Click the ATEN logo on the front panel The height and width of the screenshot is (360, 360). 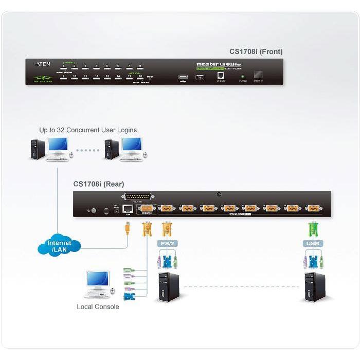click(42, 64)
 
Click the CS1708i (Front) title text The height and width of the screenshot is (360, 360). click(256, 51)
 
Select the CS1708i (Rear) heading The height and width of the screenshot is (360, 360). click(98, 184)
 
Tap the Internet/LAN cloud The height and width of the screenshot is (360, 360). click(60, 246)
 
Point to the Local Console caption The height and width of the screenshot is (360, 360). click(98, 307)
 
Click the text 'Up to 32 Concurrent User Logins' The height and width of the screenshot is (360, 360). click(88, 130)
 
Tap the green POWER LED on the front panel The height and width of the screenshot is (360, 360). click(242, 77)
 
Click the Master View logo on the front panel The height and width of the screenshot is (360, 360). click(219, 65)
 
